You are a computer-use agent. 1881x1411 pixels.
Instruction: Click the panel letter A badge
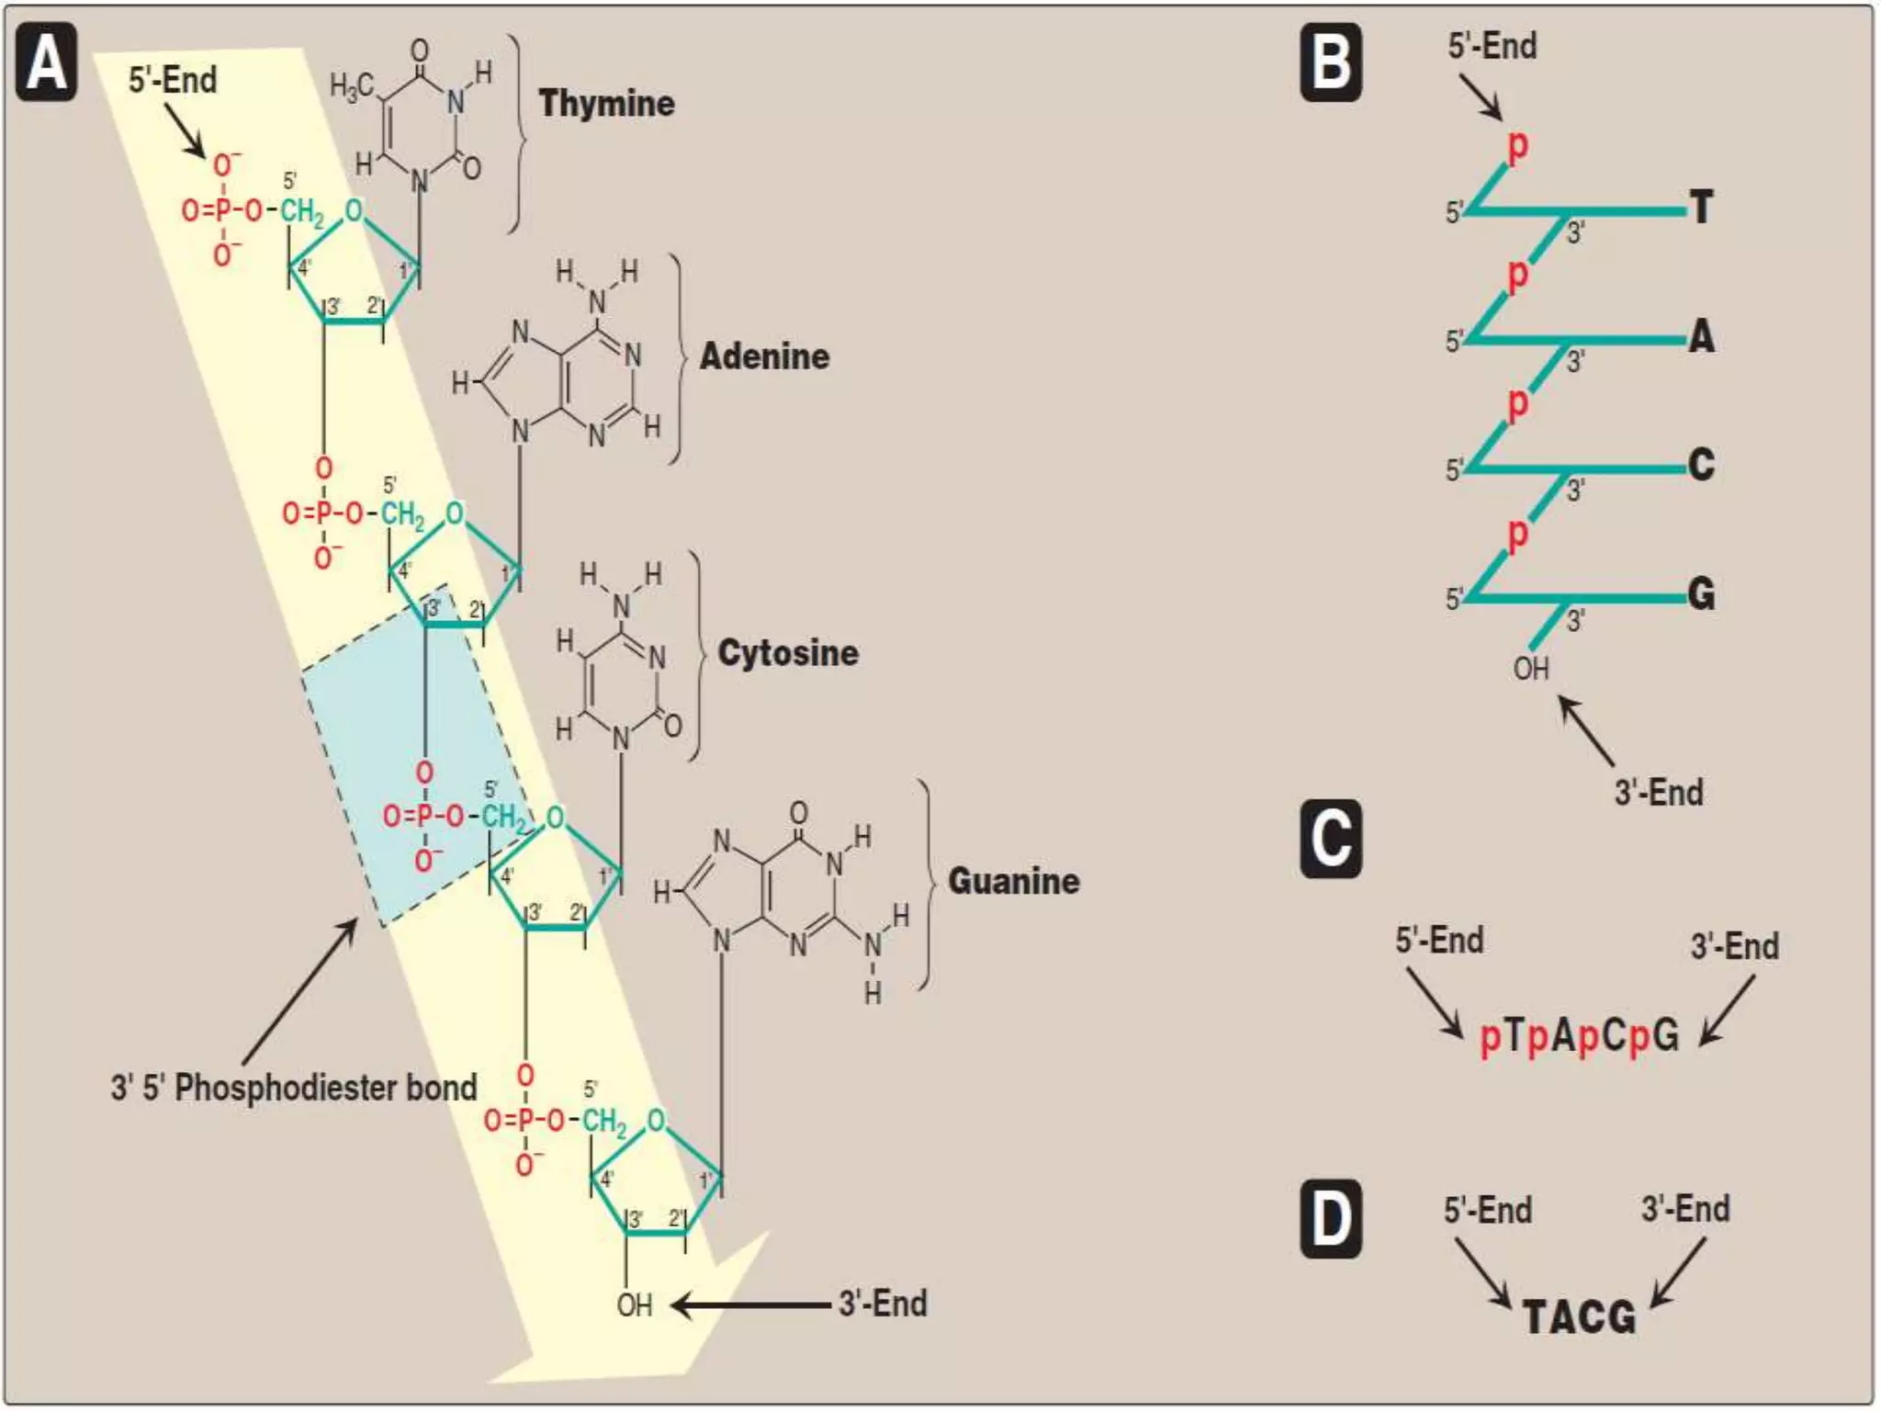tap(46, 62)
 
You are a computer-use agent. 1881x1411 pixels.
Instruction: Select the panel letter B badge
tap(1331, 62)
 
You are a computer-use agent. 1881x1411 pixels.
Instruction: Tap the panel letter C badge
tap(1331, 839)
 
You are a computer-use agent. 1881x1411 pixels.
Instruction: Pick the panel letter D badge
tap(1331, 1220)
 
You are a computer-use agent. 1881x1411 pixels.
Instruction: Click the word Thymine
tap(606, 104)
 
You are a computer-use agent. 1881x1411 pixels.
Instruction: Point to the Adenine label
tap(764, 356)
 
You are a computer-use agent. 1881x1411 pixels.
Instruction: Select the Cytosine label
tap(788, 653)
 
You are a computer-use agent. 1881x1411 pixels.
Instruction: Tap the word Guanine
tap(1013, 881)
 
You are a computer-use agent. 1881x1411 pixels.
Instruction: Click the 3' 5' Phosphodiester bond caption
tap(294, 1088)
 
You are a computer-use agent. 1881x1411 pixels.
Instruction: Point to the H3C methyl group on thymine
tap(352, 87)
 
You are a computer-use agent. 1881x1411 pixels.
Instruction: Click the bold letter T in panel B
tap(1702, 208)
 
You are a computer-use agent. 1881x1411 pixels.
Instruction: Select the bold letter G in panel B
tap(1702, 594)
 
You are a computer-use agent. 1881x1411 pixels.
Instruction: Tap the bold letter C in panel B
tap(1702, 465)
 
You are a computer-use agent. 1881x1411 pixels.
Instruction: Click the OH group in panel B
tap(1531, 669)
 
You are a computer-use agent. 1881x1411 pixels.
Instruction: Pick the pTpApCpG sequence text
tap(1580, 1036)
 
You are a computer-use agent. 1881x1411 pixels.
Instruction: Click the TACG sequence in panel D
tap(1580, 1317)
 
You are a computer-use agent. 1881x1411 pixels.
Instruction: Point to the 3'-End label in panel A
tap(883, 1304)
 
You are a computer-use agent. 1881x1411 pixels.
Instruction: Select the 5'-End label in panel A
tap(173, 80)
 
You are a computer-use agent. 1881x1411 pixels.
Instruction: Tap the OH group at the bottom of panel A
tap(635, 1305)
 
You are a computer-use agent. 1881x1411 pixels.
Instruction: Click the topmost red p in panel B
tap(1518, 145)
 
